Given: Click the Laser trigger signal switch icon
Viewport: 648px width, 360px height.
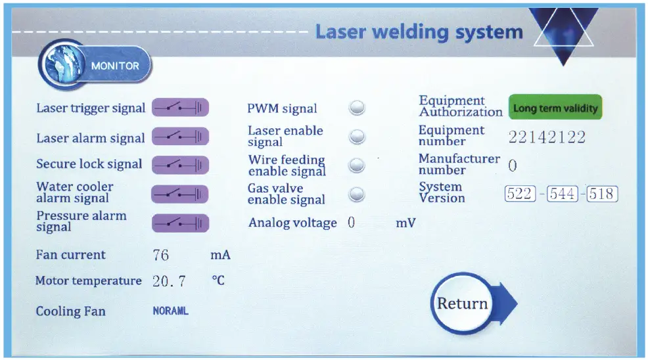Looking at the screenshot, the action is (180, 108).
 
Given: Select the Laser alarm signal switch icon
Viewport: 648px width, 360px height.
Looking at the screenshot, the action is (180, 137).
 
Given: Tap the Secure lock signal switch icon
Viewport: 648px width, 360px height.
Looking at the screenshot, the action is (180, 165).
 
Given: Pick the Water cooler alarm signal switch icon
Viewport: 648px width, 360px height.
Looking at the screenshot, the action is (180, 194).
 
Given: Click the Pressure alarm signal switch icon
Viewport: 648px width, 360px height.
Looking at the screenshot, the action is (180, 223).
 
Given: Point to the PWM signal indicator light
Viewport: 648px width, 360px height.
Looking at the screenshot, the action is (357, 108).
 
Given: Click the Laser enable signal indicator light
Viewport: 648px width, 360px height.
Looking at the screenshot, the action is (357, 136).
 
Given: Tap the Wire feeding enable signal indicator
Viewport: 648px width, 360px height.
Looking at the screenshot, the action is (357, 165).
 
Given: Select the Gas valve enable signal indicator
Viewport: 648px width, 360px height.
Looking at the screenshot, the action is (357, 194).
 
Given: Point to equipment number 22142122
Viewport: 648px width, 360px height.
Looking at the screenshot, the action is (546, 137).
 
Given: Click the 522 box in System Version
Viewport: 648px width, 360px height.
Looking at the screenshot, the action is (520, 194).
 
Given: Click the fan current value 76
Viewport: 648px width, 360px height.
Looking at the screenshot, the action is (161, 255).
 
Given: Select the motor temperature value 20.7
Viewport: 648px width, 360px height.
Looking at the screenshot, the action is (169, 281).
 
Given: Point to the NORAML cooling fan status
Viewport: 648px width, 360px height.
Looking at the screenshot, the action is (170, 311).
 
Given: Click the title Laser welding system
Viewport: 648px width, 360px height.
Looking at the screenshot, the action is (419, 32).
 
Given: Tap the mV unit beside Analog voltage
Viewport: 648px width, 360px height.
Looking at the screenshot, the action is (405, 223).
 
